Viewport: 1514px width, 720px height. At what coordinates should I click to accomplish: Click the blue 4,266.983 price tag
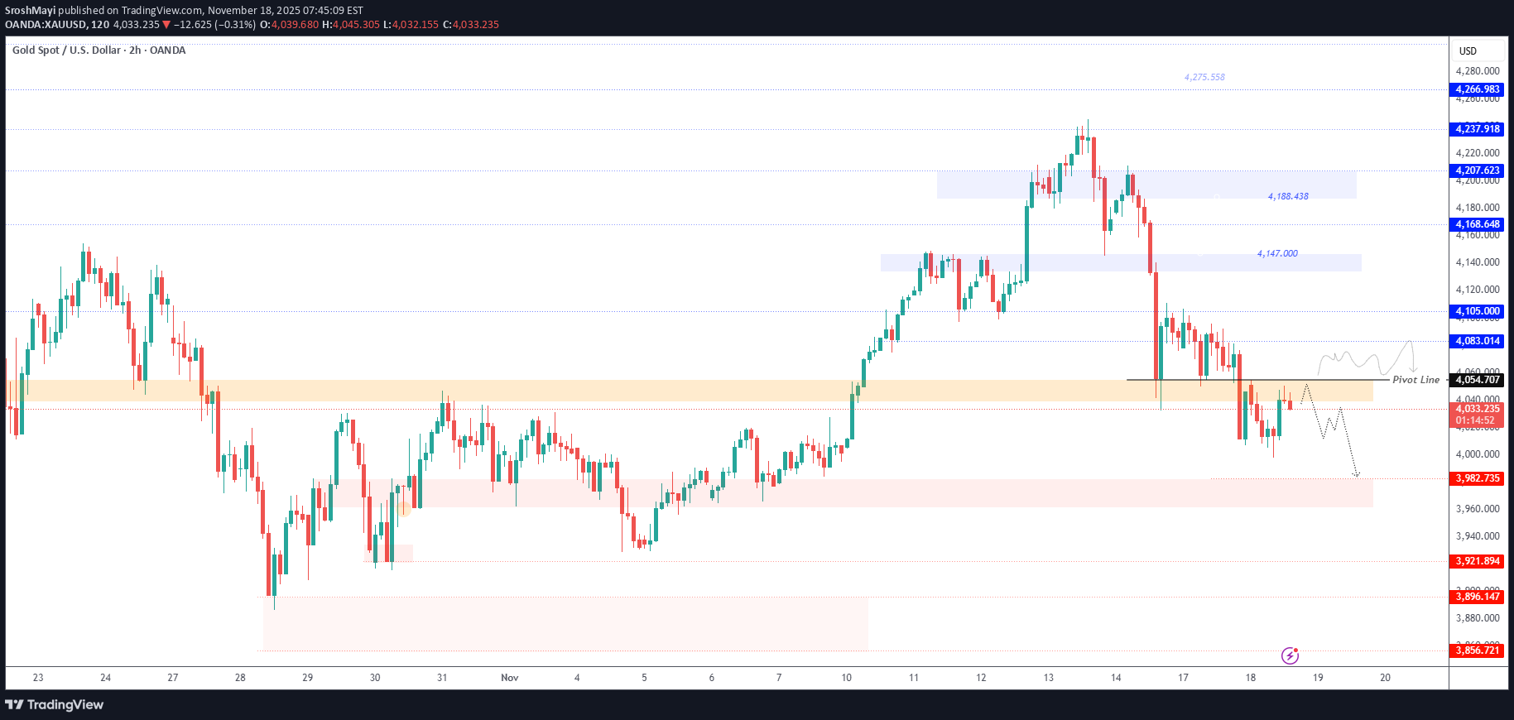click(x=1478, y=89)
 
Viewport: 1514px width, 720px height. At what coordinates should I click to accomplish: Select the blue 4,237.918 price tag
click(x=1478, y=129)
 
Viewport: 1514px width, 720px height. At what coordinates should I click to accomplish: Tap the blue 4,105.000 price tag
click(x=1478, y=312)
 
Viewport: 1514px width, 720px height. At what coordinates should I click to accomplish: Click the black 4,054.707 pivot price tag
click(x=1478, y=380)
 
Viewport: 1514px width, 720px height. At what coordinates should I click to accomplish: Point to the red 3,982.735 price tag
click(x=1478, y=478)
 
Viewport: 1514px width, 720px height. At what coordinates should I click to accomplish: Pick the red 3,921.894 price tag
click(x=1478, y=561)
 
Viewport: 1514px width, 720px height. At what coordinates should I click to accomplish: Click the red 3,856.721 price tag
click(x=1478, y=650)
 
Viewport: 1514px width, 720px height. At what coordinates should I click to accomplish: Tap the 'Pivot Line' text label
click(x=1415, y=380)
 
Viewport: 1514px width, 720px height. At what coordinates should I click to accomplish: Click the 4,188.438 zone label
click(x=1288, y=197)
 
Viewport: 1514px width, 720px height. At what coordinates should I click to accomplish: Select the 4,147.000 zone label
click(x=1277, y=253)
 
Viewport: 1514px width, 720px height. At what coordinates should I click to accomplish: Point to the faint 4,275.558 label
click(x=1204, y=77)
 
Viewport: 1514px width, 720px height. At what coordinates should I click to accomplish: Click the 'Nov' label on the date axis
click(x=510, y=678)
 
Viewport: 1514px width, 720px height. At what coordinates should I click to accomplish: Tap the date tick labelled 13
click(x=1048, y=678)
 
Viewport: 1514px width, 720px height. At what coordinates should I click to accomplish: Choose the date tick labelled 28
click(x=240, y=678)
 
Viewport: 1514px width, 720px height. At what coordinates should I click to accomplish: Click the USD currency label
click(x=1468, y=51)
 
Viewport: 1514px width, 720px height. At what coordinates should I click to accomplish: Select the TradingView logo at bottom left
click(x=55, y=705)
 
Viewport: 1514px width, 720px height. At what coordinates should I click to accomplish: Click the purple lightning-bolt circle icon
click(x=1290, y=656)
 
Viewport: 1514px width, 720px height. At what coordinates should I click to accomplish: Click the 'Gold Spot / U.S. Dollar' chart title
click(x=66, y=50)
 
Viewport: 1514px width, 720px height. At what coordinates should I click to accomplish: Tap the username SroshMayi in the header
click(x=30, y=11)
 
